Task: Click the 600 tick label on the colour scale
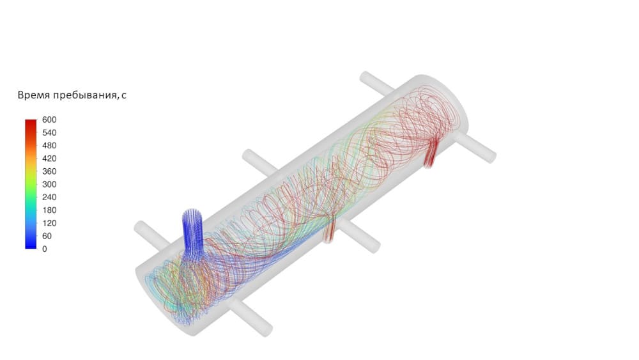click(x=49, y=120)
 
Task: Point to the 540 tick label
click(x=49, y=133)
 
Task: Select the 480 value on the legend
click(x=49, y=146)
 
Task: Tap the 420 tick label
click(x=49, y=159)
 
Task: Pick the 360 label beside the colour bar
click(x=49, y=171)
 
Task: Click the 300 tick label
click(x=49, y=184)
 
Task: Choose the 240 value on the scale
click(x=49, y=198)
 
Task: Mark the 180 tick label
click(x=49, y=210)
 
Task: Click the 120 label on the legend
click(x=49, y=223)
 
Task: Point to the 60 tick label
click(x=47, y=236)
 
